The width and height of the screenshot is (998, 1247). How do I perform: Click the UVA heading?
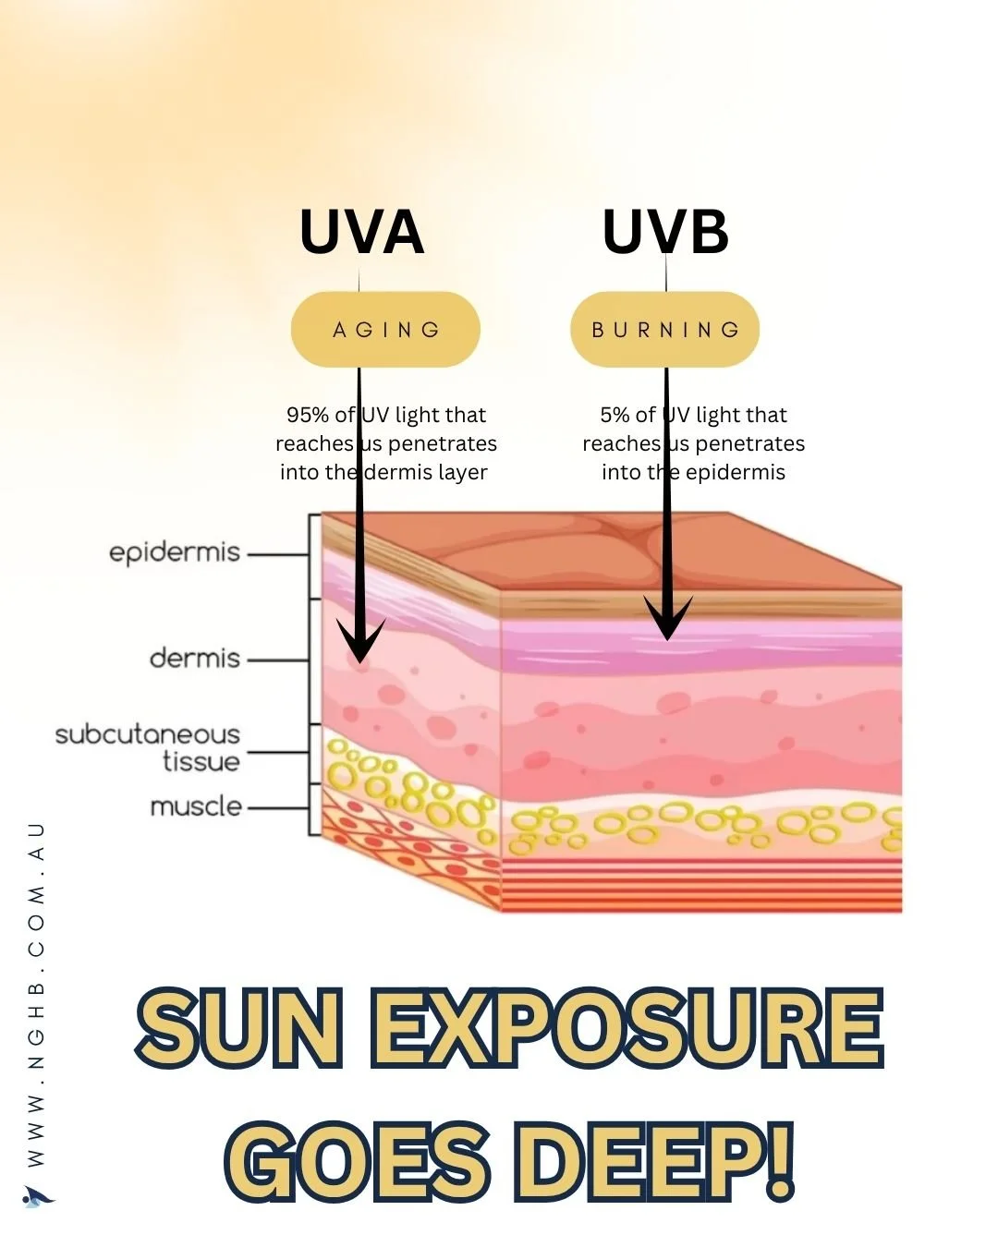coord(361,232)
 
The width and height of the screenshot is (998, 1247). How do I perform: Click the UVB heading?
coord(665,232)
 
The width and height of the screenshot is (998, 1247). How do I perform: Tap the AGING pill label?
coord(386,330)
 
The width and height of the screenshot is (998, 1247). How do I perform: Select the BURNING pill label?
coord(665,330)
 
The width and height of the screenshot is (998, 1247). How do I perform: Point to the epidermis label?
coord(175,552)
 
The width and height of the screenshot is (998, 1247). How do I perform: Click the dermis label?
coord(195,659)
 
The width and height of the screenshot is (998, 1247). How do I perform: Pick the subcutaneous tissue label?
coord(148,747)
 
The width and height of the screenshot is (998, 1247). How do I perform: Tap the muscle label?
coord(196,806)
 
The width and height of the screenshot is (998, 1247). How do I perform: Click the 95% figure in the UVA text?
coord(307,415)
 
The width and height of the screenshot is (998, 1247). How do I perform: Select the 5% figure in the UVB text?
coord(615,415)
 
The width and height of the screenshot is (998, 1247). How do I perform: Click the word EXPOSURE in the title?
coord(627,1028)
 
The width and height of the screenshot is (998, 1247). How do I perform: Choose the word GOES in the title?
coord(357,1159)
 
